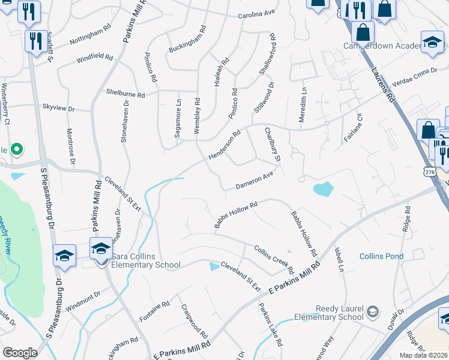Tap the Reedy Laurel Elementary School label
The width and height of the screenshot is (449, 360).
click(330, 313)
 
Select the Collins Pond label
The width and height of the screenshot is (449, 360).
click(381, 256)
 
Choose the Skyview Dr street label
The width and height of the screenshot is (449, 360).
click(58, 109)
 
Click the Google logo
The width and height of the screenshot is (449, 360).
click(20, 353)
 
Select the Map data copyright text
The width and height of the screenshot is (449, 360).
click(424, 355)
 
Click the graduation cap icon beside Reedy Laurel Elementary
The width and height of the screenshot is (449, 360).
click(373, 311)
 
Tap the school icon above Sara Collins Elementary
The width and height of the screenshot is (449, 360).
click(101, 248)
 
